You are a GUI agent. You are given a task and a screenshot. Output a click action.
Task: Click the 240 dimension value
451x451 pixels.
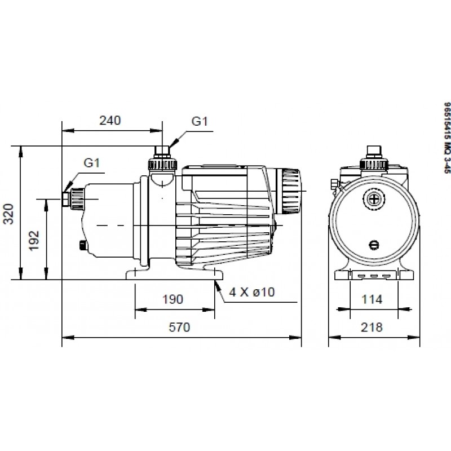(110, 121)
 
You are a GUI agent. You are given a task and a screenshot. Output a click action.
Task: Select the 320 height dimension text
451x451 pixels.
(8, 214)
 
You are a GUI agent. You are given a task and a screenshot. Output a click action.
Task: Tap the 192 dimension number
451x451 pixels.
(34, 241)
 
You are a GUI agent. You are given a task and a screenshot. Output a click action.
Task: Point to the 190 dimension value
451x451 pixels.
(173, 299)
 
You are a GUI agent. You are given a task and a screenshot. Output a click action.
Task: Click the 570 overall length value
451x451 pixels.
(179, 328)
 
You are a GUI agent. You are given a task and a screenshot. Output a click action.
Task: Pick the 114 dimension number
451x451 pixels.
(372, 299)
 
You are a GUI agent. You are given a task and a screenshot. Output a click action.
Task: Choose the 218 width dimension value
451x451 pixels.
(372, 328)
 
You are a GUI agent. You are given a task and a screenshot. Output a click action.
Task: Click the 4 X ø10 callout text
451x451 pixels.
(252, 292)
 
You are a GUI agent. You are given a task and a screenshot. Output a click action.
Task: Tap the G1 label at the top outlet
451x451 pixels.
(200, 121)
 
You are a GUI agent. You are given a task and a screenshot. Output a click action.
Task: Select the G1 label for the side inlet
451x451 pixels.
(91, 163)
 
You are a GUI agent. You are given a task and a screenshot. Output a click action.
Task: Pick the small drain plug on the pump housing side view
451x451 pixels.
(83, 237)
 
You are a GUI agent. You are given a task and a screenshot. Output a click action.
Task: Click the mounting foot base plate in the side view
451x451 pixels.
(175, 275)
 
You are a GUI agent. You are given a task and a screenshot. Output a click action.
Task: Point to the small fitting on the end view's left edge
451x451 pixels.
(334, 184)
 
